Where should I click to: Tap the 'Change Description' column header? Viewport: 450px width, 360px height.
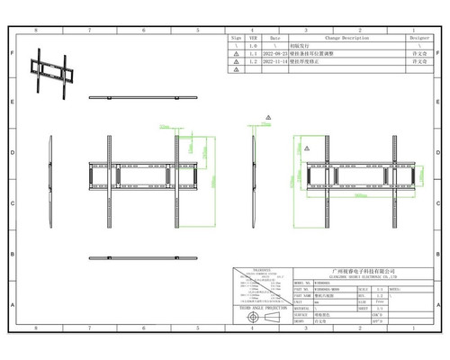pyautogui.click(x=341, y=39)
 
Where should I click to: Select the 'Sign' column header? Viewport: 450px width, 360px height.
pyautogui.click(x=236, y=39)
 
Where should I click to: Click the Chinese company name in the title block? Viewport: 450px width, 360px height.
pyautogui.click(x=364, y=269)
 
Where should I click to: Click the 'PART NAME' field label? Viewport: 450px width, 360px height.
pyautogui.click(x=302, y=293)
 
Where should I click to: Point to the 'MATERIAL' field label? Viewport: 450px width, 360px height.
pyautogui.click(x=302, y=306)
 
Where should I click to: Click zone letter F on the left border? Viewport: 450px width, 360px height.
pyautogui.click(x=11, y=54)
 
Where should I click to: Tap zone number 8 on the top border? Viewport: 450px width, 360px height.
pyautogui.click(x=36, y=30)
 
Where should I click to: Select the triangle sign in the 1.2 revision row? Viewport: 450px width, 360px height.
pyautogui.click(x=236, y=63)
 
